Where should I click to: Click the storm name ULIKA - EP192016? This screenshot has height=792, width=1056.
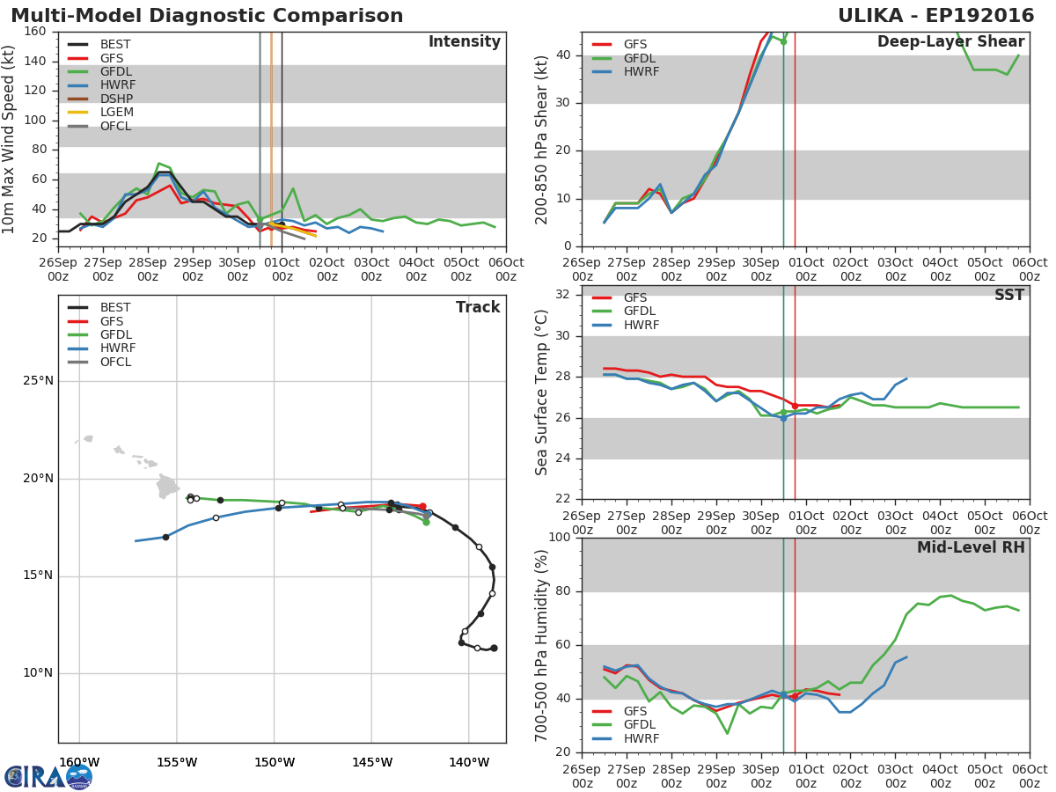click(935, 15)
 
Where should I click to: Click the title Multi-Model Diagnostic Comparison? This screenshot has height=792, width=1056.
click(207, 16)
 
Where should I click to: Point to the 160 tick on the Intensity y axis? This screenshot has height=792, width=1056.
click(34, 32)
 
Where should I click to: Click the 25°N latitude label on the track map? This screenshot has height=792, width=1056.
click(39, 381)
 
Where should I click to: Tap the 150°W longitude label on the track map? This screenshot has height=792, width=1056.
click(275, 762)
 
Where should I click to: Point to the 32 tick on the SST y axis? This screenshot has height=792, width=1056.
click(562, 294)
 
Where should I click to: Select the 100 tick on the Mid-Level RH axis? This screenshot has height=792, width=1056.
click(560, 537)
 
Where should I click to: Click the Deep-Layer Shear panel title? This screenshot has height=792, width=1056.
click(950, 42)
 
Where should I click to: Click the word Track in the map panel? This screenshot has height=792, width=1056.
click(478, 307)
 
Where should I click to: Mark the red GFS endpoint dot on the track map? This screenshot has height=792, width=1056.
click(423, 506)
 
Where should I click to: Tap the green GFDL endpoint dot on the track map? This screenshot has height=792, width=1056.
click(426, 522)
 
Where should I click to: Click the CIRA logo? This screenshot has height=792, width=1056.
click(48, 777)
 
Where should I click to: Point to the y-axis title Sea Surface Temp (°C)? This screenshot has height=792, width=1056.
click(541, 392)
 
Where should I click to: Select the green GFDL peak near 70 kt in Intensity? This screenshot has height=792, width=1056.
click(158, 164)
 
